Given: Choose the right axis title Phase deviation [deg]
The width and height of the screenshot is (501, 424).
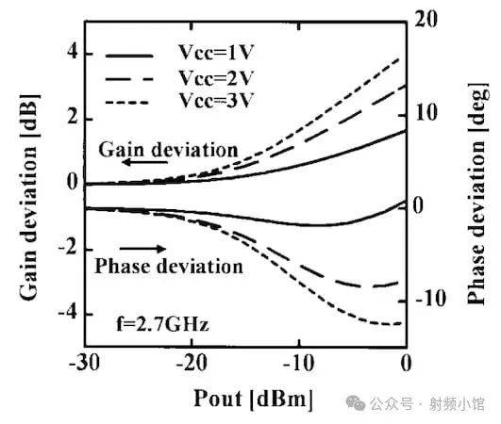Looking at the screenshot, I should [478, 193].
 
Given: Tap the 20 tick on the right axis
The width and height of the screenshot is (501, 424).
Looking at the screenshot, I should [429, 19].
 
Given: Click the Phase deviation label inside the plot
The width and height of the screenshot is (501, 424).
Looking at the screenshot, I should [169, 267].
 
